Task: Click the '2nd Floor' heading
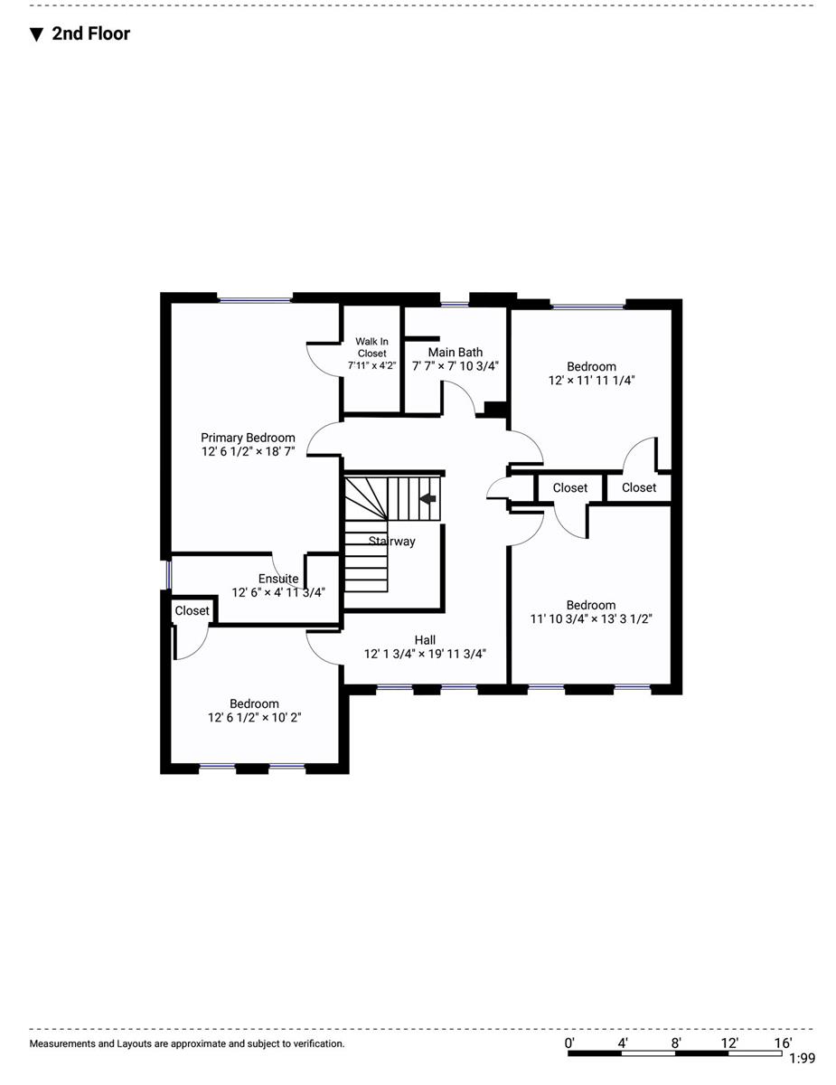pos(90,34)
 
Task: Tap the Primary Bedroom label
pos(248,438)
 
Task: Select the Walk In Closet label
pos(371,347)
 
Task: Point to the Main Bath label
pos(456,352)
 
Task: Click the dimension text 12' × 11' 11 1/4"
pos(591,381)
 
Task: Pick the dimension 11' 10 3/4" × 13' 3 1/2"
pos(591,619)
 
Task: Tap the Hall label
pos(425,639)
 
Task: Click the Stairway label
pos(392,542)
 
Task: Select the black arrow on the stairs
pos(427,498)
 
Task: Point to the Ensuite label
pos(278,578)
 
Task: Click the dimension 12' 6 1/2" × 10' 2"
pos(255,718)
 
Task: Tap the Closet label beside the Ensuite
pos(192,610)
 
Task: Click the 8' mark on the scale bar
pos(676,1043)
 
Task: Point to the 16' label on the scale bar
pos(783,1043)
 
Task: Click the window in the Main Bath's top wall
pos(455,304)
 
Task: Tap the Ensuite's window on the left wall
pos(169,575)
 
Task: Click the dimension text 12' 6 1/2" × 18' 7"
pos(248,451)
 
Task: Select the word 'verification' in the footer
pos(318,1043)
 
